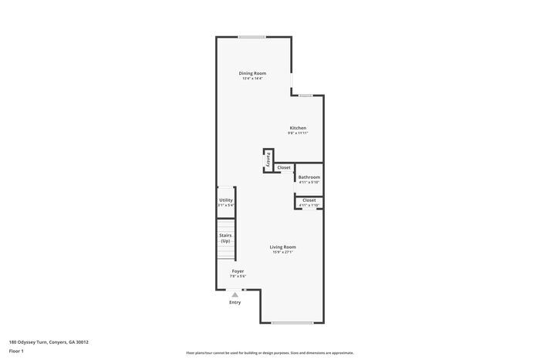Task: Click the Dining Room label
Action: (x=252, y=73)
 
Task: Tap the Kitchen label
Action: (x=298, y=128)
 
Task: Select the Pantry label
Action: (x=268, y=159)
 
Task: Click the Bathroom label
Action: (x=309, y=177)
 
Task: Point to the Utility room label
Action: (x=225, y=200)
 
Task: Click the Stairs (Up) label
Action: (x=225, y=238)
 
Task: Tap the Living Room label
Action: (x=282, y=247)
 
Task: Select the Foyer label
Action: (x=238, y=271)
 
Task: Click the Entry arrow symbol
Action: (x=235, y=294)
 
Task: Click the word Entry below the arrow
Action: (x=235, y=302)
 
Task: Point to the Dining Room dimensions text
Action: (x=252, y=79)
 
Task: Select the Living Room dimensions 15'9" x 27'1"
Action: (x=282, y=252)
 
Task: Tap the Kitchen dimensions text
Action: (x=298, y=133)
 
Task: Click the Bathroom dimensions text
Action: (x=309, y=183)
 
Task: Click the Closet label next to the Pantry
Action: (x=284, y=167)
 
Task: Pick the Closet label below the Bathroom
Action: (x=309, y=200)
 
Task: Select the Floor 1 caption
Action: (x=16, y=352)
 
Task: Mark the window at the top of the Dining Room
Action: (x=252, y=37)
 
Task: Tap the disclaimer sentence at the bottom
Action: (x=269, y=352)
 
